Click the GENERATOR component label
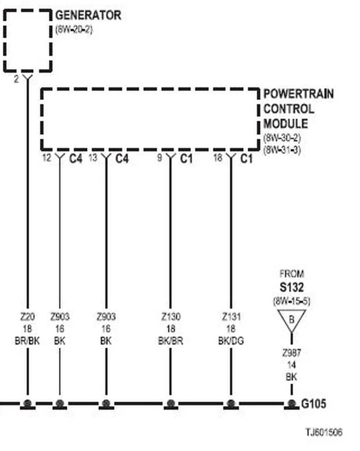88,15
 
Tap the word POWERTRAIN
298,94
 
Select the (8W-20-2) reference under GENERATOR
74,30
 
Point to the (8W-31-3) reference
282,150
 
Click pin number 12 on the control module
47,158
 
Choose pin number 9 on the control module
160,158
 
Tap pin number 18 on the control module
218,158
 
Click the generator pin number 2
16,79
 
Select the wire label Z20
27,317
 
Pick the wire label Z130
171,317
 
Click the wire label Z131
231,317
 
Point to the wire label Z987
292,353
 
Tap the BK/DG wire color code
231,341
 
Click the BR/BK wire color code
27,341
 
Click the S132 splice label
292,287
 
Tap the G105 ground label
313,404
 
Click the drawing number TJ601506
324,432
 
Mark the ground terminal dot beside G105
292,404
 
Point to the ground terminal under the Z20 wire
27,404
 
